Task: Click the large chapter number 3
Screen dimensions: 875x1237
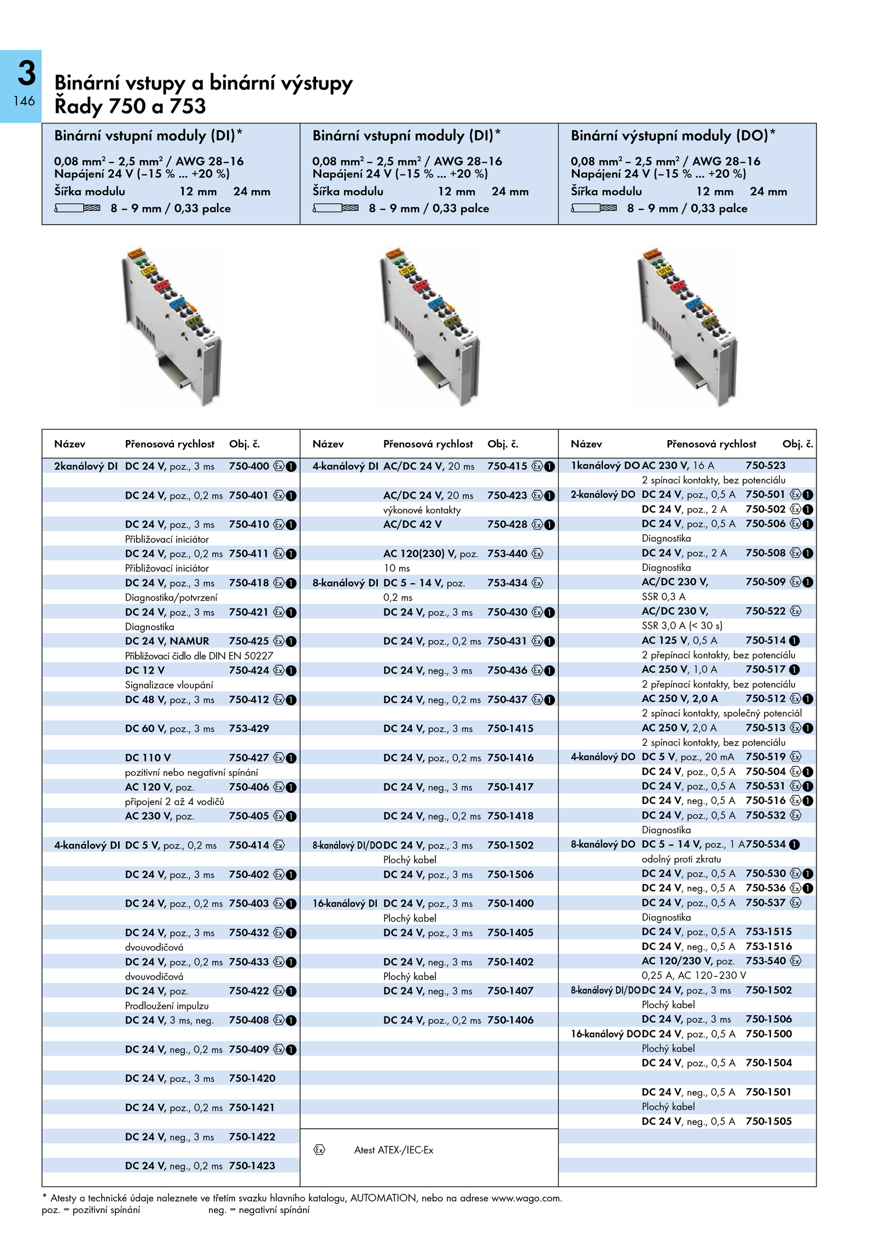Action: click(26, 73)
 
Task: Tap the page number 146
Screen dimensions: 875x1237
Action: click(25, 101)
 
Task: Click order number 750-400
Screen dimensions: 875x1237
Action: click(249, 466)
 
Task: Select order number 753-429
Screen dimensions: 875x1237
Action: click(249, 728)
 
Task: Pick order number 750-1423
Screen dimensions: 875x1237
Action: click(252, 1165)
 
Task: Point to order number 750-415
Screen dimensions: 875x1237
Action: click(507, 466)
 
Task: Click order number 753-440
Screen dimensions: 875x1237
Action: click(507, 553)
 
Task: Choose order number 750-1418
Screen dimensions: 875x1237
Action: click(510, 816)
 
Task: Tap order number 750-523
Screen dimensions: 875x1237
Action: click(766, 465)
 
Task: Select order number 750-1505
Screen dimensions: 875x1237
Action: click(768, 1121)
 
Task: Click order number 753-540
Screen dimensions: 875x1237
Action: click(766, 960)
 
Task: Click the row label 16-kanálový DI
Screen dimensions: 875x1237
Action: click(345, 904)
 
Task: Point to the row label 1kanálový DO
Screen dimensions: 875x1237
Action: click(605, 466)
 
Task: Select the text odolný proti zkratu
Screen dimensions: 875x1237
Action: click(681, 859)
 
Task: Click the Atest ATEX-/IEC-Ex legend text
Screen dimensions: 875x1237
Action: click(394, 1150)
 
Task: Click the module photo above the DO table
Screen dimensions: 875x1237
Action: click(687, 327)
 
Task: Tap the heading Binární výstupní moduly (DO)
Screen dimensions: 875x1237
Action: click(673, 136)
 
